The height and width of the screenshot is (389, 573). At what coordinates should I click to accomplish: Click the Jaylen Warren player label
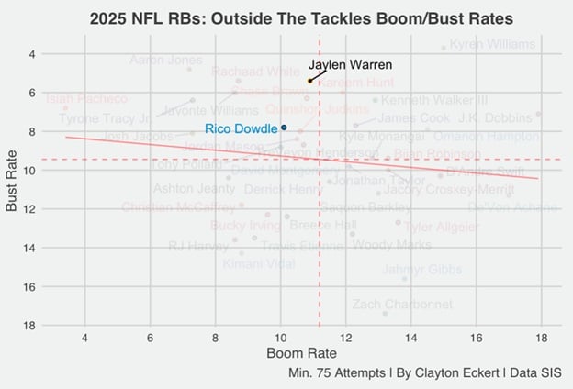coord(350,65)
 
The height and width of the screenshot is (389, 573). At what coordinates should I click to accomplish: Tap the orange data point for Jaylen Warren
coord(309,81)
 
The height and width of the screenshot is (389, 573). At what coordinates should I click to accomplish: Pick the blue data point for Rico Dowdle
coord(284,127)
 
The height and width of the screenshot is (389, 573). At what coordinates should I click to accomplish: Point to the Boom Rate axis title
coord(300,352)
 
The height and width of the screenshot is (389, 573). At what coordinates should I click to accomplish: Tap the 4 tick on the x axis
coord(85,336)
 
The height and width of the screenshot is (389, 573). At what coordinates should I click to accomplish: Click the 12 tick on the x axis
coord(345,336)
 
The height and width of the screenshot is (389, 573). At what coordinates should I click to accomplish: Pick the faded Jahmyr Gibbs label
coord(421,270)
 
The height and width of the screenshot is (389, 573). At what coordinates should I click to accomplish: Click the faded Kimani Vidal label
coord(259,263)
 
